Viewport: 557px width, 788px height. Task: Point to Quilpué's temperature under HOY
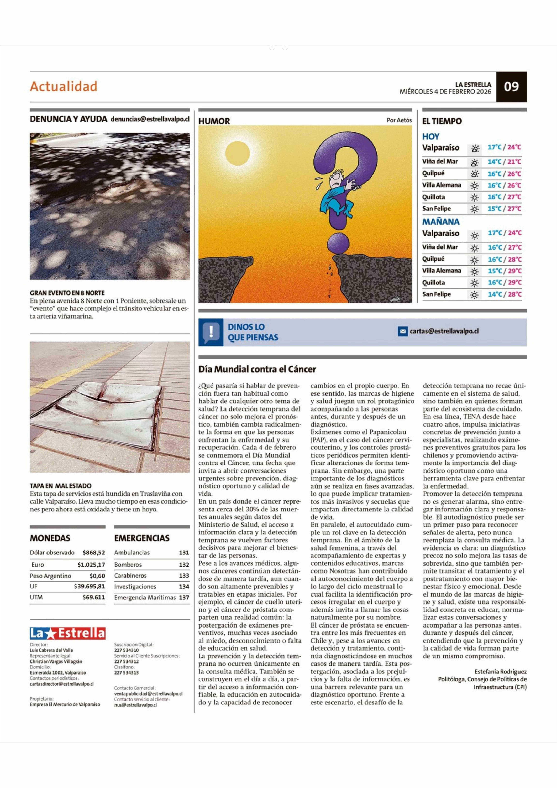pos(504,174)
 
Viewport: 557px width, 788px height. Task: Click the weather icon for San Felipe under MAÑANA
pos(474,294)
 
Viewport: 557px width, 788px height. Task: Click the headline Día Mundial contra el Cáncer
pos(257,369)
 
